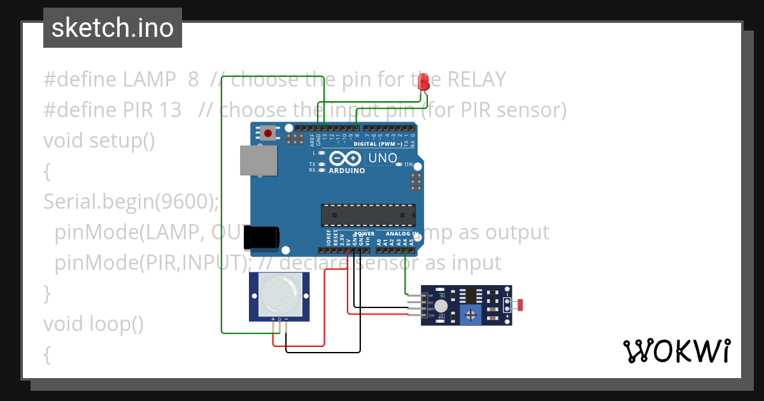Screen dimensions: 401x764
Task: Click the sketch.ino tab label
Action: (x=113, y=28)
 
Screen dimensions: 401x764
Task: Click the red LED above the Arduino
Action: (x=424, y=81)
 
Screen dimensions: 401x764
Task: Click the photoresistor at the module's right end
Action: (x=520, y=305)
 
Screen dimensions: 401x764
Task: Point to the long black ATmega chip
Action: (x=368, y=215)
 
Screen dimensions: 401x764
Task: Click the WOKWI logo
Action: (x=676, y=351)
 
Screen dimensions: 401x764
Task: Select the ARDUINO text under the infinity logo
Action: (x=346, y=171)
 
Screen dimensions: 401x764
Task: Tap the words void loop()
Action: (x=93, y=324)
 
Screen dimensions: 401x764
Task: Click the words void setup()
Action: (x=99, y=140)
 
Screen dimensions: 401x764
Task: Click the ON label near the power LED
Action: (x=409, y=164)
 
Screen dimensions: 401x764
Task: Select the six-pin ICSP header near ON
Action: (x=416, y=181)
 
